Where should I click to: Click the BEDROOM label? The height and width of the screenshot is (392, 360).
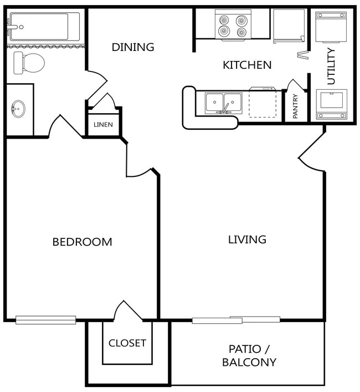82,242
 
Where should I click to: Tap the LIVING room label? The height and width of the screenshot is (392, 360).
247,240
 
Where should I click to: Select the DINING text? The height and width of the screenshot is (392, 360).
133,47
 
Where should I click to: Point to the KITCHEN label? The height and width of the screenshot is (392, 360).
247,65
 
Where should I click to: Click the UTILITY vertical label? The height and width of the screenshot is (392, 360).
331,66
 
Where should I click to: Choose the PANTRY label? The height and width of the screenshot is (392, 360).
295,106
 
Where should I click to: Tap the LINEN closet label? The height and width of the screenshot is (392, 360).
103,125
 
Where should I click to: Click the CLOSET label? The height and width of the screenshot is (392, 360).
127,343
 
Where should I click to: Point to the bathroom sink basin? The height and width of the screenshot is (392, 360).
18,108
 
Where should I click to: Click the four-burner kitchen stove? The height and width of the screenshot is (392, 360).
233,25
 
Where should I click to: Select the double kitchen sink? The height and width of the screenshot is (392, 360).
222,103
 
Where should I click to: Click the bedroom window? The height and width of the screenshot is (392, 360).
45,319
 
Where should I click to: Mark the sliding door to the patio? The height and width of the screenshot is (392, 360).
235,319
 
